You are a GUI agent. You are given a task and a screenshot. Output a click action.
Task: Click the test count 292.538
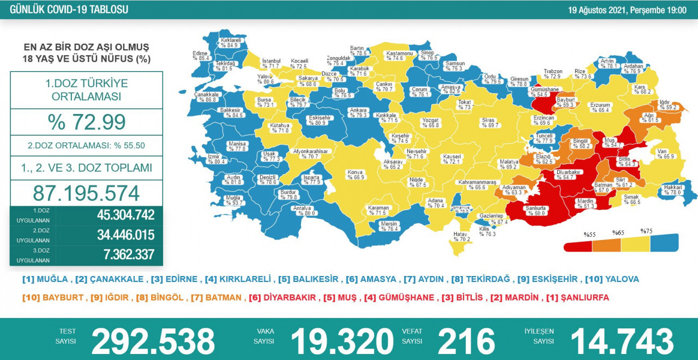(153, 341)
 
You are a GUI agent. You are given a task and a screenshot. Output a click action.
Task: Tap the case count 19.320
(342, 341)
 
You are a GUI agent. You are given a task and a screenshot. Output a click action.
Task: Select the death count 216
(466, 341)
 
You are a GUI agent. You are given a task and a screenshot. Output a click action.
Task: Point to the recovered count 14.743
(622, 341)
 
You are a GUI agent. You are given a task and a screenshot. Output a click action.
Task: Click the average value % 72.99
(86, 122)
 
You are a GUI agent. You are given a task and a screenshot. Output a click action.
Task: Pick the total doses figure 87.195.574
(86, 193)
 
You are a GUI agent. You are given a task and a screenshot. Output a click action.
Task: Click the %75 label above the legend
(647, 231)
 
